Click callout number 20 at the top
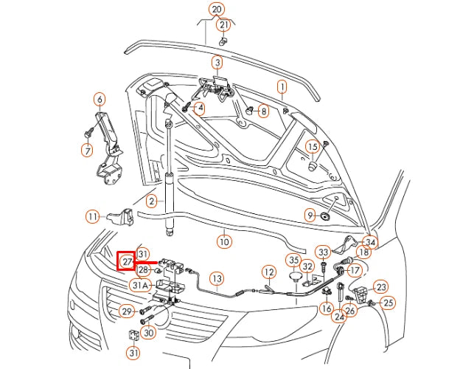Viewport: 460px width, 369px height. (216, 10)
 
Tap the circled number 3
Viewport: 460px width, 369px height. (217, 62)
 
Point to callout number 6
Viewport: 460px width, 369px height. (100, 99)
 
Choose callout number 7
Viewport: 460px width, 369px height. (87, 150)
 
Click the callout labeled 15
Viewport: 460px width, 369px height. (313, 146)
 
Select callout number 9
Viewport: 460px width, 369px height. (310, 215)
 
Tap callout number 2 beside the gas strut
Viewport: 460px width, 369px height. (151, 201)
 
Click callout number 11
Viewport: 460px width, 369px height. (92, 217)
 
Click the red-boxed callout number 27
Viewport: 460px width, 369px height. (127, 261)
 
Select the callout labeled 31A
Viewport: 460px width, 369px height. (140, 285)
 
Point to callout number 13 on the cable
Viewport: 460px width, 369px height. (216, 278)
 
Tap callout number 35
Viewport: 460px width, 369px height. (293, 260)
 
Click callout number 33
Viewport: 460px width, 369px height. (323, 252)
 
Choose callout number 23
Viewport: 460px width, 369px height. (380, 286)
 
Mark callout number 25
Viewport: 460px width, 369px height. (388, 302)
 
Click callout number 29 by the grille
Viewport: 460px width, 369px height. (127, 311)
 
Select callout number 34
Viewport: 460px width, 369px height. (370, 242)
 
